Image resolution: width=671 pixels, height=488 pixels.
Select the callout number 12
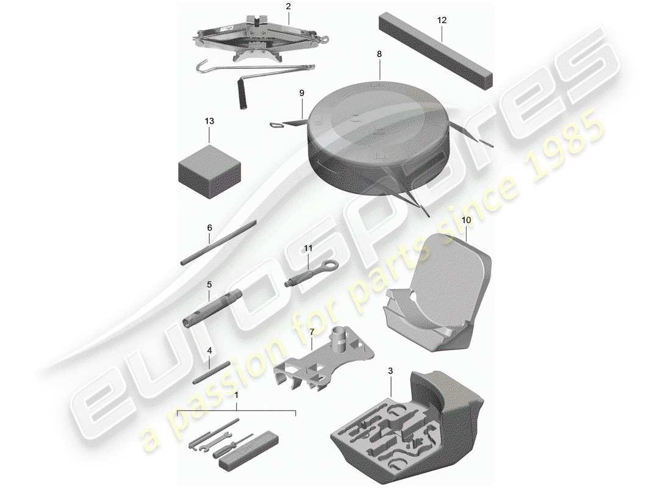pos(442,20)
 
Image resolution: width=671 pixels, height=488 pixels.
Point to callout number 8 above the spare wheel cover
pos(379,54)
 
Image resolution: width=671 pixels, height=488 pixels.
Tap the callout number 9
pos(301,93)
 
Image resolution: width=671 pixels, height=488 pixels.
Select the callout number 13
pos(209,121)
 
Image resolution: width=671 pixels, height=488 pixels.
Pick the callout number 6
pos(209,228)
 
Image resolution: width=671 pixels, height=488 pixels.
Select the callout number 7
pos(311,332)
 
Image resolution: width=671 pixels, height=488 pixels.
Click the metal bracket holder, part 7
pos(323,362)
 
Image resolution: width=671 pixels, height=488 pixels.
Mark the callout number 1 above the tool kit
pos(236,395)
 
